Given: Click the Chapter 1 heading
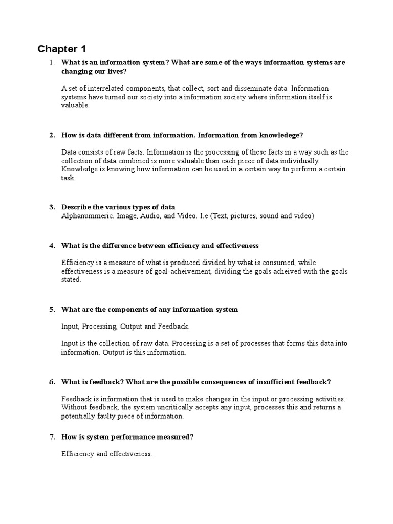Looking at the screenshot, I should (x=62, y=49).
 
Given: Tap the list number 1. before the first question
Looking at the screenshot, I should (x=51, y=62).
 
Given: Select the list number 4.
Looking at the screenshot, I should (x=52, y=246).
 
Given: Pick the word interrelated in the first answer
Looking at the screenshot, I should (x=108, y=88).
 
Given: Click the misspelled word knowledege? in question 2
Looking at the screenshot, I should (x=279, y=135).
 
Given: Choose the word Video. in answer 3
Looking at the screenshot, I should (x=185, y=216).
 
